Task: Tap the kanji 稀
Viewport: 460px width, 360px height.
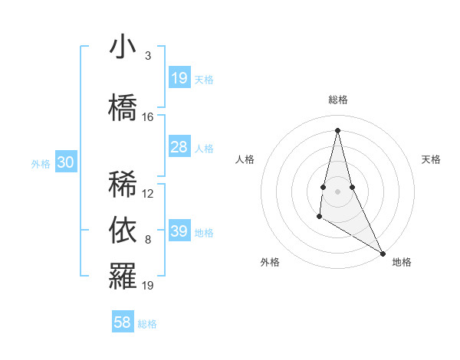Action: tap(123, 184)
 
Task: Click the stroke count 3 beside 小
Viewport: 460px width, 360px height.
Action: tap(147, 56)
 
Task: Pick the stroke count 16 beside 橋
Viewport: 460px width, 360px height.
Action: tap(148, 116)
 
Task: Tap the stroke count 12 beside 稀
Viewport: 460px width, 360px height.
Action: tap(148, 194)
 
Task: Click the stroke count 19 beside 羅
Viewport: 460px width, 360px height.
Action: tap(148, 286)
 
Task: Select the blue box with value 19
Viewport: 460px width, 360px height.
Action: tap(179, 78)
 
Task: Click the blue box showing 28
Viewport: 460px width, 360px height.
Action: tap(179, 147)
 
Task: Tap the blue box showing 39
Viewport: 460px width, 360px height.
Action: tap(179, 231)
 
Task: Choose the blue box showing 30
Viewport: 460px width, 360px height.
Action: tap(66, 162)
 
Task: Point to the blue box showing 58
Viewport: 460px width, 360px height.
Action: tap(123, 322)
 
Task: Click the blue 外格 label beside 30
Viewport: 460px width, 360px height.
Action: tap(41, 163)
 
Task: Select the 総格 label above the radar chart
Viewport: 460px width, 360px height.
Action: tap(338, 100)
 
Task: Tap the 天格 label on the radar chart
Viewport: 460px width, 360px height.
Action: tap(431, 159)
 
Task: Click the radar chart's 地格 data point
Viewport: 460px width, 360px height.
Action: tap(383, 254)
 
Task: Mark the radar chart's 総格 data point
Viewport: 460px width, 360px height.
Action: tap(337, 129)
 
